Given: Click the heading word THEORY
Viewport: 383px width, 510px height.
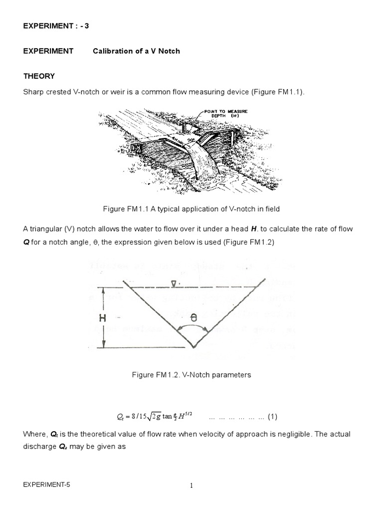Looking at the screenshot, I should coord(39,76).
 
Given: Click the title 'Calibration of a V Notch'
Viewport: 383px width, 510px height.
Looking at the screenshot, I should coord(136,51).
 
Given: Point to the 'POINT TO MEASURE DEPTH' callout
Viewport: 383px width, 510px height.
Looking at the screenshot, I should coord(225,113).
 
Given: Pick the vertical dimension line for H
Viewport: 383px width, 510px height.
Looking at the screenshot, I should coord(104,317).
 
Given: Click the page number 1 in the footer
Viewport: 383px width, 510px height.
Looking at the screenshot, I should coord(191,488).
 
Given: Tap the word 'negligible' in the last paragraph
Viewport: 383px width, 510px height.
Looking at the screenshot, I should coord(287,434).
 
